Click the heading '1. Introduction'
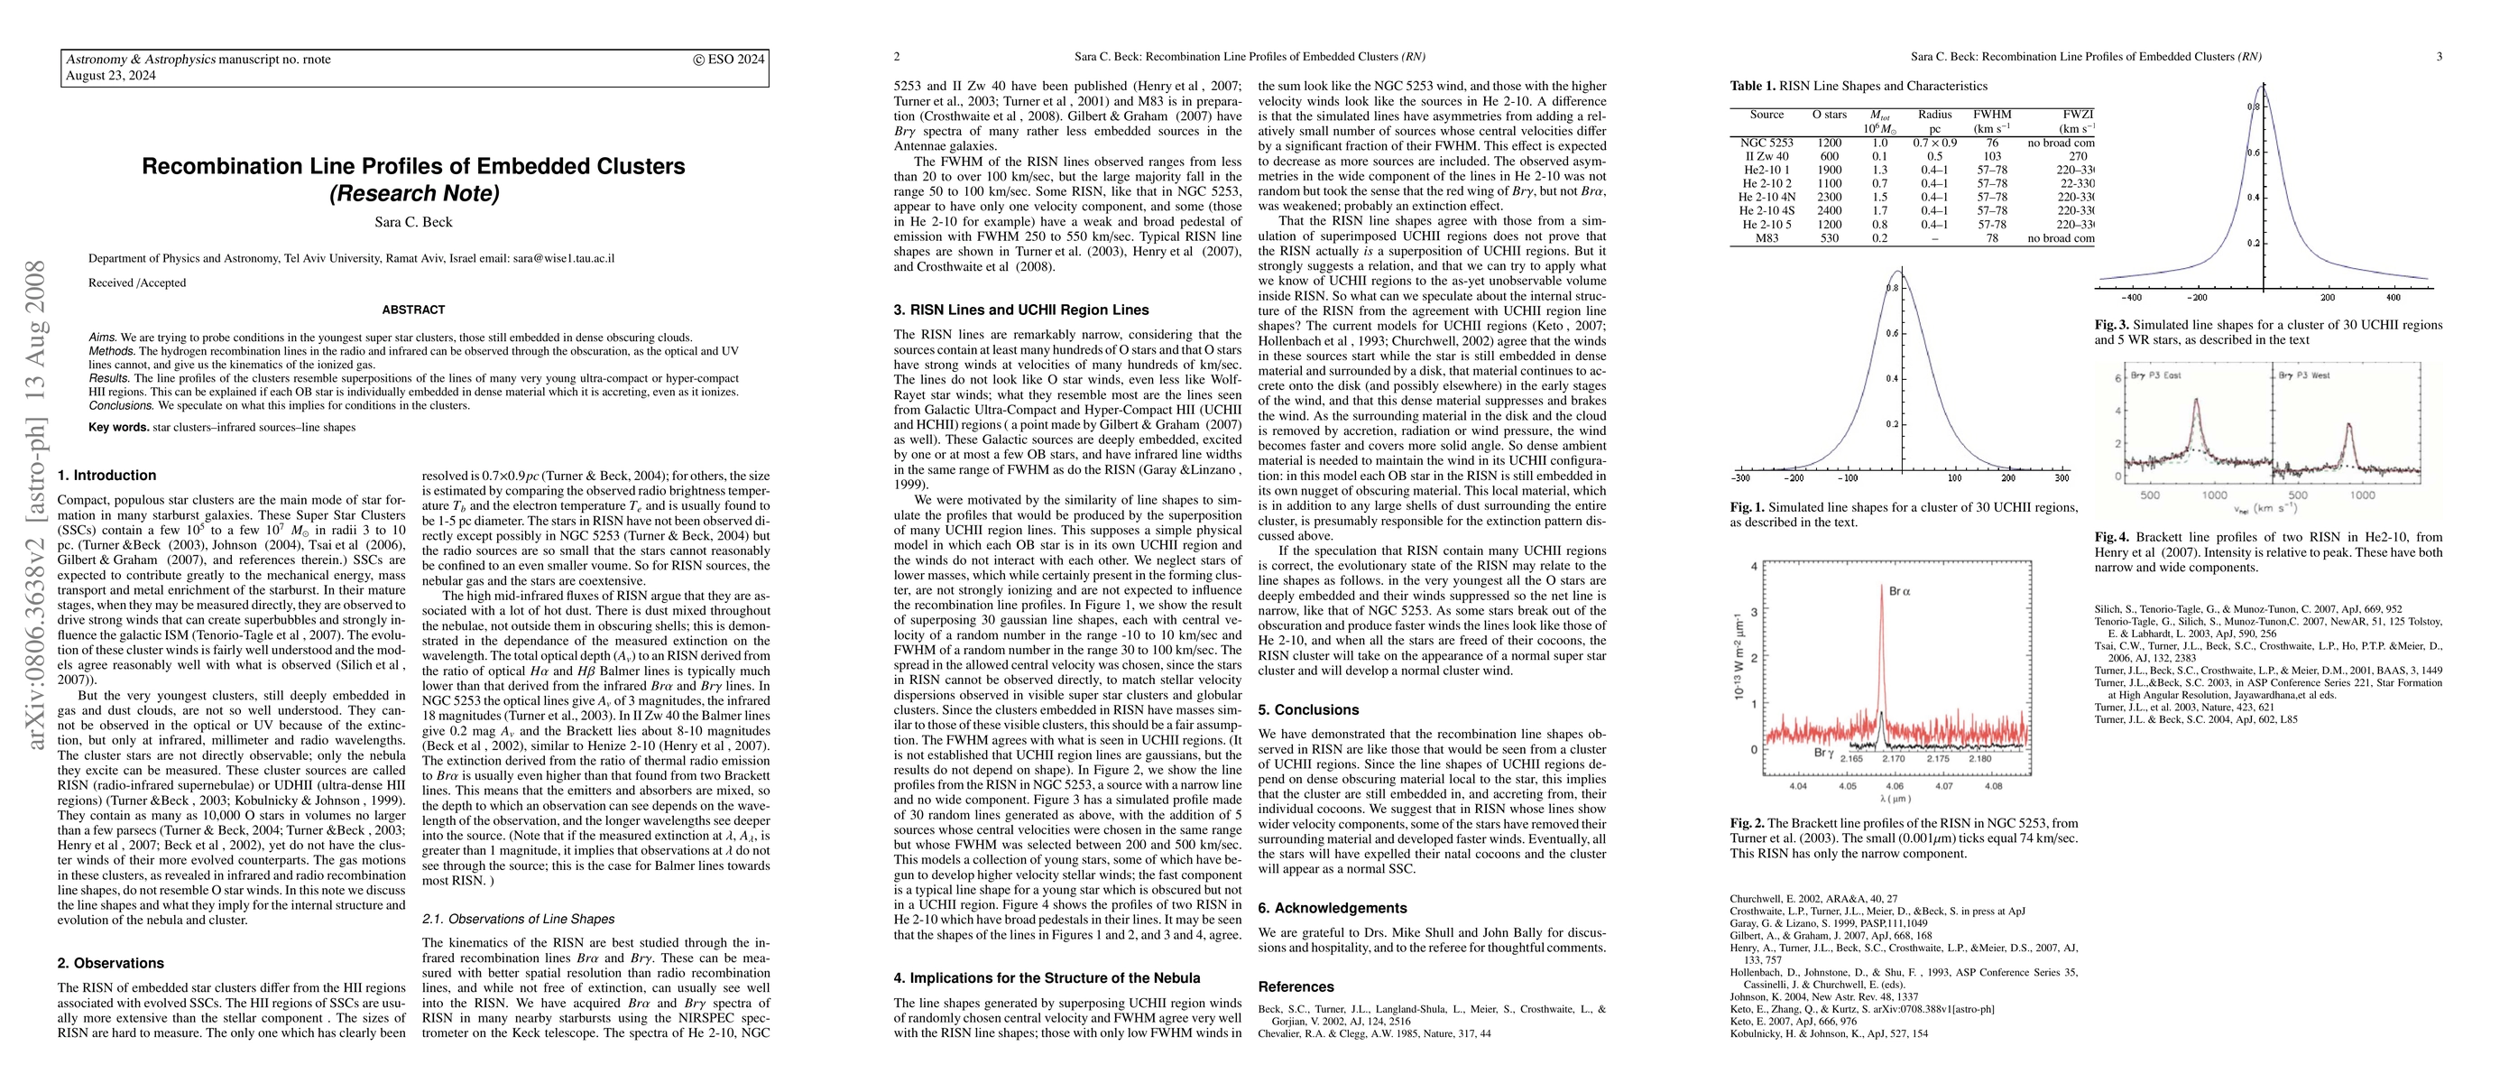[107, 476]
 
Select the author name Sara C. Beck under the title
[414, 222]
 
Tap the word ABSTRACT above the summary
[413, 310]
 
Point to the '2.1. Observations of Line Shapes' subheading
[518, 919]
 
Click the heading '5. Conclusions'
[1308, 710]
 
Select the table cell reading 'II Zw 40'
[1766, 156]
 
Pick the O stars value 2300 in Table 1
[1829, 197]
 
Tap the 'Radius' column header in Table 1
[1934, 114]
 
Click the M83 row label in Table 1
[1766, 237]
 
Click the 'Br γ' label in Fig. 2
[1823, 753]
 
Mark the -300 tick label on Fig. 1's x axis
[1740, 478]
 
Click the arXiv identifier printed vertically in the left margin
[36, 505]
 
